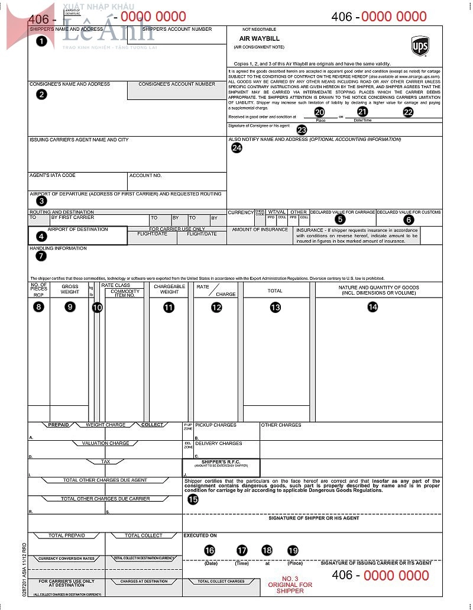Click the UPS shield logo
420,46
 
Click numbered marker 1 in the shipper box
41,41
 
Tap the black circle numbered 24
237,148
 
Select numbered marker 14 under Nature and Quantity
372,306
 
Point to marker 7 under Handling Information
41,256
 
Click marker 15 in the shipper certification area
193,499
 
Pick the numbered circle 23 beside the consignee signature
302,130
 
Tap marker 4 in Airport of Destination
41,236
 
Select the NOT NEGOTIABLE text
259,29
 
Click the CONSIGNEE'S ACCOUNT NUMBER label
177,84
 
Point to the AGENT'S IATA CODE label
53,175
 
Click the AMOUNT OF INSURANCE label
260,230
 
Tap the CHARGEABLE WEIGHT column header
169,289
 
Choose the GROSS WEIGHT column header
70,289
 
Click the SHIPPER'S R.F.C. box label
221,461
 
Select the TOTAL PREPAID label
66,535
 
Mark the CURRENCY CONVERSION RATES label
67,559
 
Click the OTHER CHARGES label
281,425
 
